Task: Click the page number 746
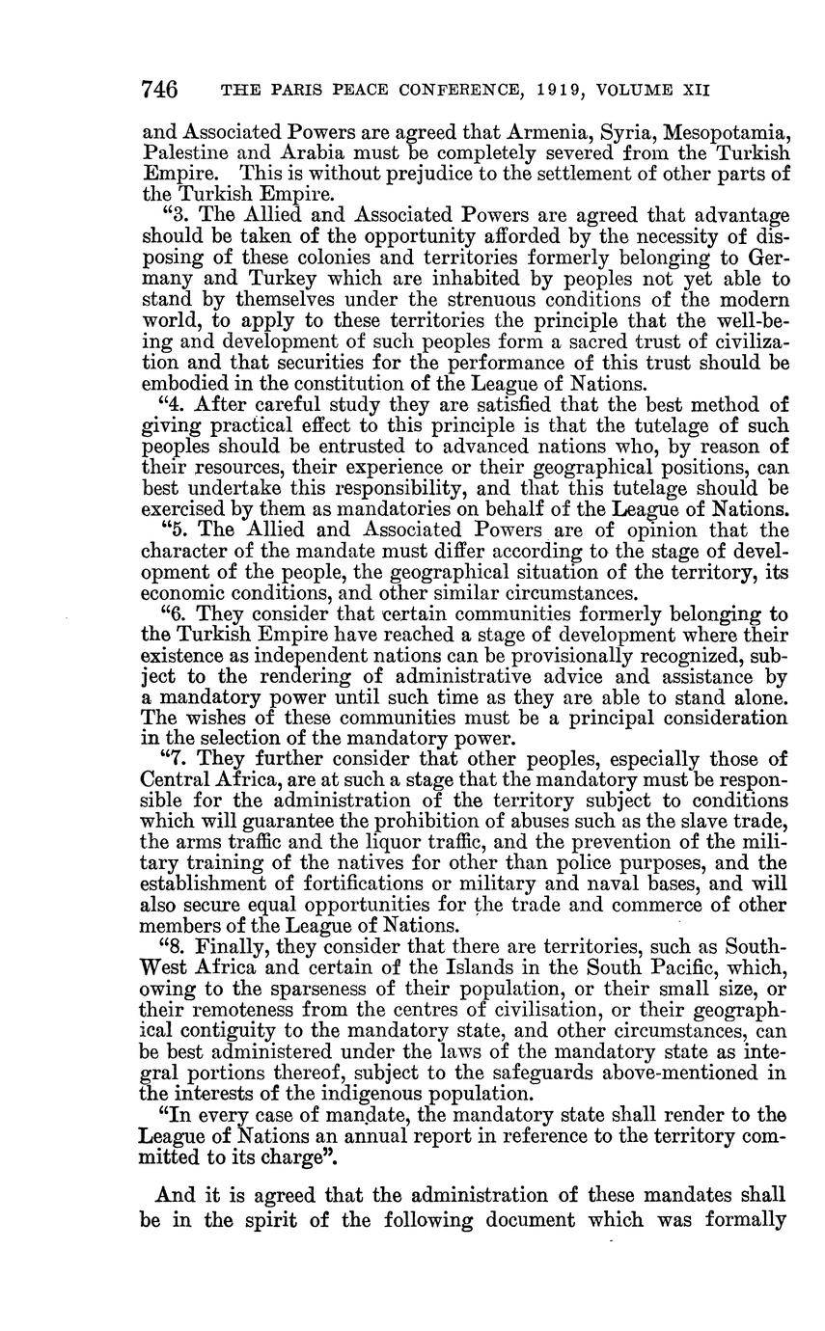point(159,91)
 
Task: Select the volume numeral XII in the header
point(696,92)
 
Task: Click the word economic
point(183,593)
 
